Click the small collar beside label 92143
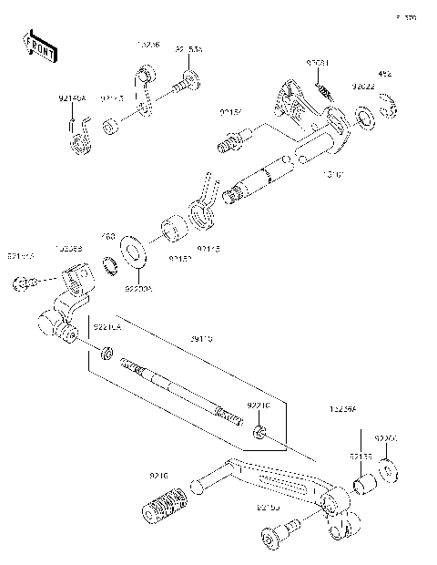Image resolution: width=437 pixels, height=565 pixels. click(110, 124)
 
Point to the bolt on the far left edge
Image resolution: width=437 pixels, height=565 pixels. click(22, 284)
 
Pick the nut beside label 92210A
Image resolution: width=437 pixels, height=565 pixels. click(107, 353)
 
